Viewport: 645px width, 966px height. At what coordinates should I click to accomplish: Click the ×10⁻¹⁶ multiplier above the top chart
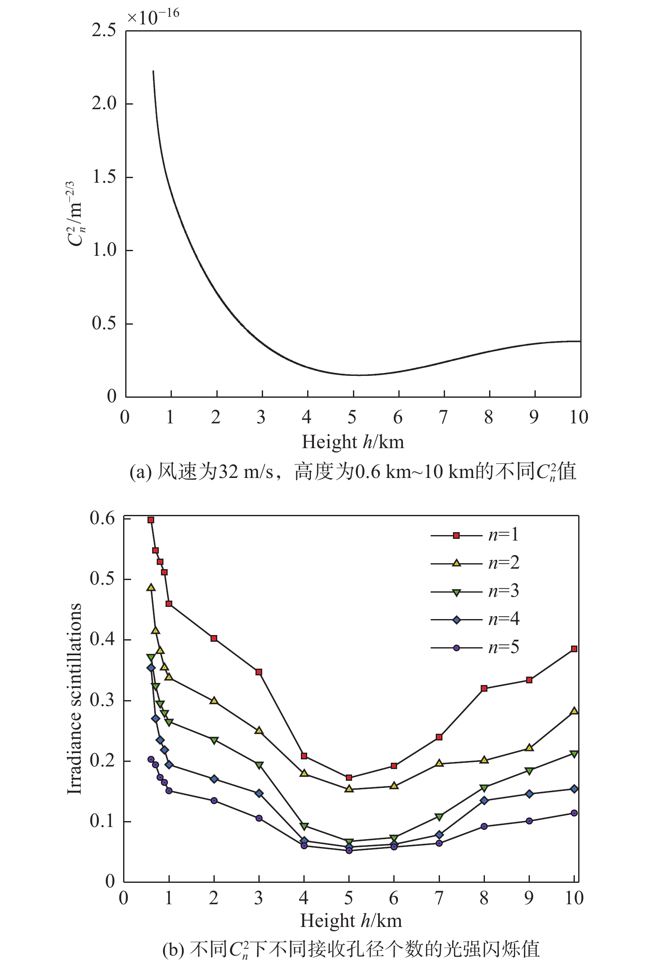pyautogui.click(x=153, y=17)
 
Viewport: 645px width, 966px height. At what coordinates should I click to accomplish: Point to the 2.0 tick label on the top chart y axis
pyautogui.click(x=103, y=103)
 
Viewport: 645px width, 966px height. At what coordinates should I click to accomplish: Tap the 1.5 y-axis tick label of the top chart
pyautogui.click(x=103, y=177)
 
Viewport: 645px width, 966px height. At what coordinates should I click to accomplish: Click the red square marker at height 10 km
pyautogui.click(x=574, y=649)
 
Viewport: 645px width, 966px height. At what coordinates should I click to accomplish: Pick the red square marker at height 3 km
pyautogui.click(x=259, y=672)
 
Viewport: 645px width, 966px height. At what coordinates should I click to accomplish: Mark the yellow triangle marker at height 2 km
pyautogui.click(x=214, y=701)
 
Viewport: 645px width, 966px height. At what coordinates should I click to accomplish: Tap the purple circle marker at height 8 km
pyautogui.click(x=484, y=826)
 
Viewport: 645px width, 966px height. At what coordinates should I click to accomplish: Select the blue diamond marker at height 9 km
pyautogui.click(x=529, y=794)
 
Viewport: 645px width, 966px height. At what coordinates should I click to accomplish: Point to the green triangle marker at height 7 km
pyautogui.click(x=439, y=816)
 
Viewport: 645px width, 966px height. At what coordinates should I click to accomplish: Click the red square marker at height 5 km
pyautogui.click(x=349, y=777)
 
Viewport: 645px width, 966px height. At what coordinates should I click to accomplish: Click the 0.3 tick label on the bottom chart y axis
pyautogui.click(x=102, y=700)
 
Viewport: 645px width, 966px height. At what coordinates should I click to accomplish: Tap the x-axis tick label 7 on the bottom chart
pyautogui.click(x=439, y=898)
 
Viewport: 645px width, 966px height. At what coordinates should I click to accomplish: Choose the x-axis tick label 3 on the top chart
pyautogui.click(x=261, y=417)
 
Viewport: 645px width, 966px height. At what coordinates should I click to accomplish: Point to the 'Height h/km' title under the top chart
pyautogui.click(x=353, y=442)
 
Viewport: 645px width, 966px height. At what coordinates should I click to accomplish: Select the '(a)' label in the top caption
pyautogui.click(x=140, y=472)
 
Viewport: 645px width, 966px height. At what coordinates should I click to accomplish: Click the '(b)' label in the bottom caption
pyautogui.click(x=173, y=950)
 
